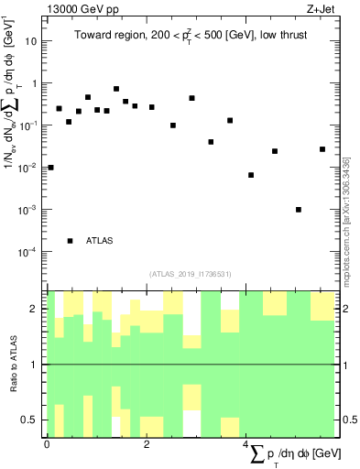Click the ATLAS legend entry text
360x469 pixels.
pyautogui.click(x=100, y=241)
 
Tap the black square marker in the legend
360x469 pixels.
pyautogui.click(x=71, y=241)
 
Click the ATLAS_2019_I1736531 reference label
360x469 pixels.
pyautogui.click(x=191, y=273)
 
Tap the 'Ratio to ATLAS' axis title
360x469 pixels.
pyautogui.click(x=12, y=365)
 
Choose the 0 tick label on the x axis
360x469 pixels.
pyautogui.click(x=47, y=443)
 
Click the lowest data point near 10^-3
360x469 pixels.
pyautogui.click(x=299, y=210)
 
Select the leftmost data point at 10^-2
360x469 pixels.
pyautogui.click(x=50, y=168)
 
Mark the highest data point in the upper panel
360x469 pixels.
pyautogui.click(x=116, y=89)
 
